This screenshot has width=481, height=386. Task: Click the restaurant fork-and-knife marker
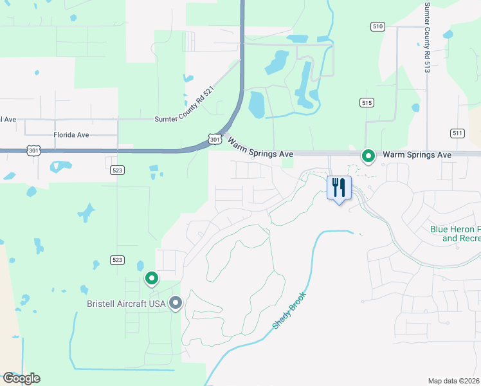(339, 188)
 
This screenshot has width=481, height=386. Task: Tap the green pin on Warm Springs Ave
(368, 156)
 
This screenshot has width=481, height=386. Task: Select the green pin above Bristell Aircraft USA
(152, 278)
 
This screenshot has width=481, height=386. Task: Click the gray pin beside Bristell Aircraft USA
(176, 303)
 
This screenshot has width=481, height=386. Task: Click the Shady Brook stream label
(289, 311)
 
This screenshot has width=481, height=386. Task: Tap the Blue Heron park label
(455, 234)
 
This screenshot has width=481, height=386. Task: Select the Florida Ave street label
(71, 135)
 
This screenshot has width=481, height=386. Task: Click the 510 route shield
(377, 26)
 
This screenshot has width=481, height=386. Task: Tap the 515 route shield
(367, 103)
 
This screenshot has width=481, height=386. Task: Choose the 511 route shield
(457, 133)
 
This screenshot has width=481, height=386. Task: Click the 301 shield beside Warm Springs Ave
(215, 139)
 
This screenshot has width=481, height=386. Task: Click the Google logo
(21, 378)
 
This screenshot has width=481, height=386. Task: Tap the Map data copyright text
(454, 381)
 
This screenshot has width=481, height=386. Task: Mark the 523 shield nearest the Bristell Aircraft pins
(116, 260)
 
